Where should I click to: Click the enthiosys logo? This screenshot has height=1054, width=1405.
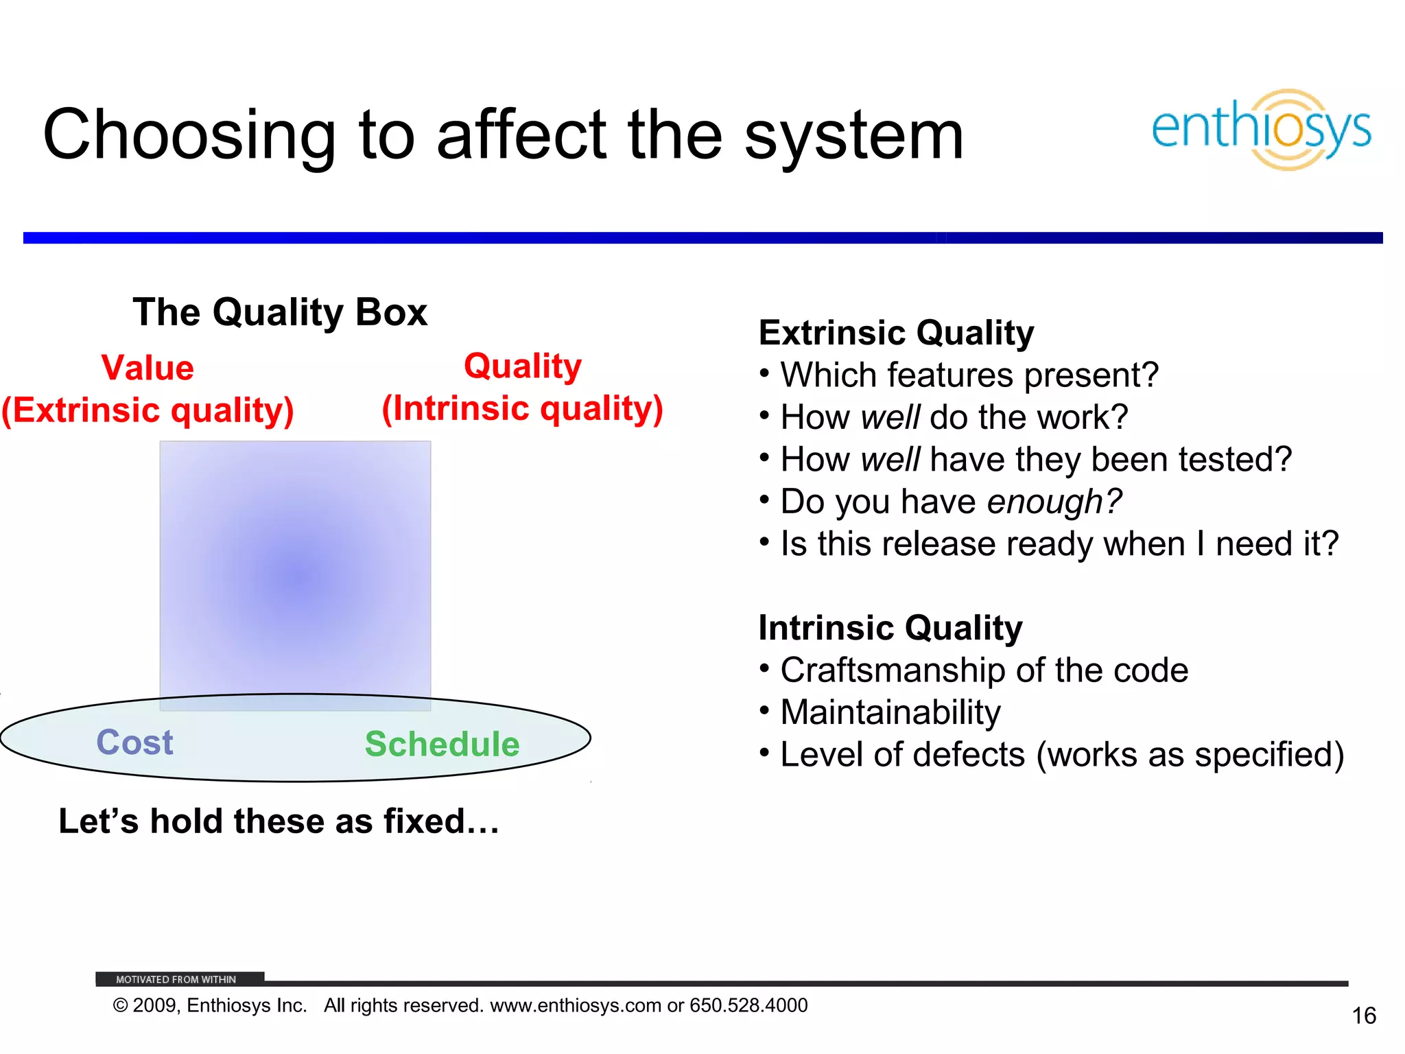pos(1261,129)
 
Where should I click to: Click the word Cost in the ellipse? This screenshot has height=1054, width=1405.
pos(134,742)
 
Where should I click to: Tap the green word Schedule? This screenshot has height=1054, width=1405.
pos(442,745)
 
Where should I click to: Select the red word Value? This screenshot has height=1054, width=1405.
pos(147,368)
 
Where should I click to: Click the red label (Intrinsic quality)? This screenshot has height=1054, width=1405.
pos(523,409)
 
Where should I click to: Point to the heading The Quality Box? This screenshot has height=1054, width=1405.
pos(280,313)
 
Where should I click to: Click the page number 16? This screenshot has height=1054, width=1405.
pos(1363,1016)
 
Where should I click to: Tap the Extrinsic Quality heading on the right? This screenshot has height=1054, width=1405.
pos(896,333)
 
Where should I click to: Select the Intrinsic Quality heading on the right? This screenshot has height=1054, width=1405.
pos(890,628)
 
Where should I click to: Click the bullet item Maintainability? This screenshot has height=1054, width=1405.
pos(890,712)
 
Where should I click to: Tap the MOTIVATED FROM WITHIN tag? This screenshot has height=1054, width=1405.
pos(176,979)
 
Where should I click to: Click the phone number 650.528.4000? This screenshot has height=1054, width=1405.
pos(748,1005)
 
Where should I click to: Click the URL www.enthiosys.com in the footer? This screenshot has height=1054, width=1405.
pos(576,1005)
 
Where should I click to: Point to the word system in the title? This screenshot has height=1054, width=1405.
pos(854,136)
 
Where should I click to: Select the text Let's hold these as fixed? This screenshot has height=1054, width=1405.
pos(279,821)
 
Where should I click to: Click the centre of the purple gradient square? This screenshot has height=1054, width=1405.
pos(295,575)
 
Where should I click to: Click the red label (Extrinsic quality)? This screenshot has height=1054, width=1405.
pos(147,410)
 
